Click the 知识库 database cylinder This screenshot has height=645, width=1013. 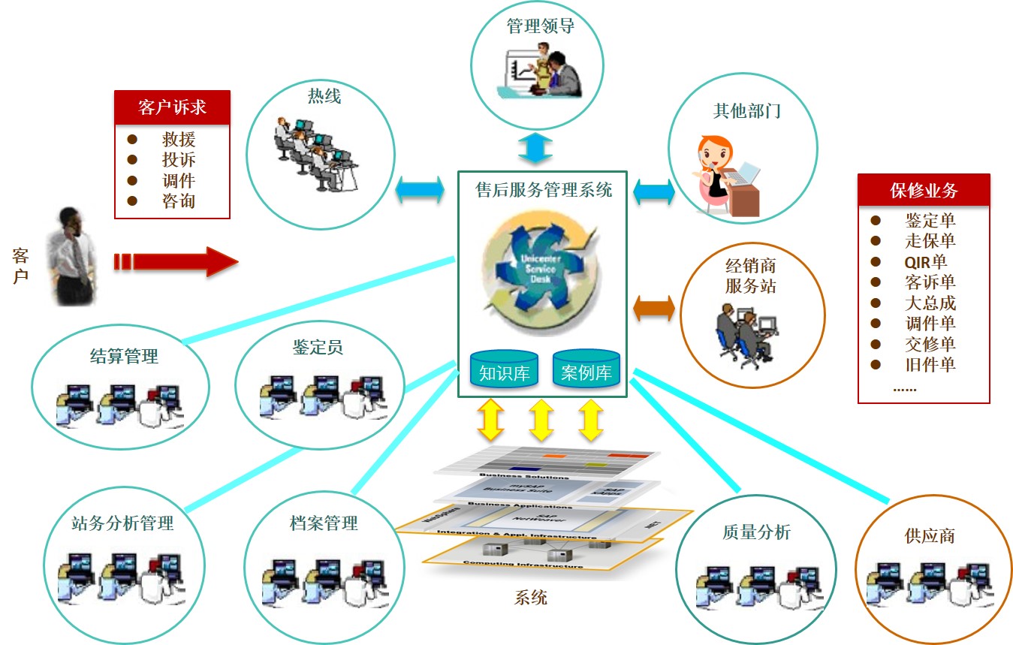[504, 369]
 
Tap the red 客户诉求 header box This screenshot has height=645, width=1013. [172, 107]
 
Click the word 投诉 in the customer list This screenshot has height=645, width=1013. [179, 160]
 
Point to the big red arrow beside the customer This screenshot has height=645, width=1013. [176, 261]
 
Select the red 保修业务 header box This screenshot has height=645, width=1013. [924, 190]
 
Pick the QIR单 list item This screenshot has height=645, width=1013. [925, 262]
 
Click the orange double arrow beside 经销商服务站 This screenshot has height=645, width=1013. [654, 308]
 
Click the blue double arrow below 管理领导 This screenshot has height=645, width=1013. [535, 147]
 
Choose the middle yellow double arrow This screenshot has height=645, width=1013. [541, 420]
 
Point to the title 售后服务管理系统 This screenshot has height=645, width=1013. [544, 189]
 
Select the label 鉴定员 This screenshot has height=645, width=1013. [317, 348]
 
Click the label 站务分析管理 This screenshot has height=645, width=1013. [122, 523]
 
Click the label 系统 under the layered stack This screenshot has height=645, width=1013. [530, 598]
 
